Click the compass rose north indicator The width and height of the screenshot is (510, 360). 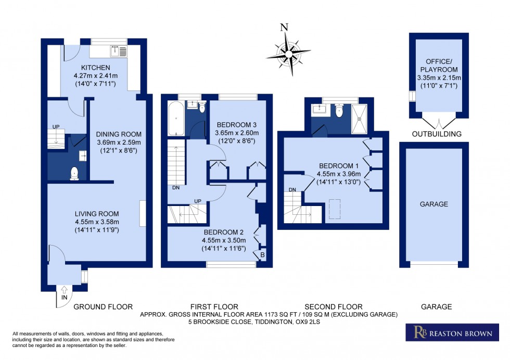(284, 29)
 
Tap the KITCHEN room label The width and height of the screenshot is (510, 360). (95, 68)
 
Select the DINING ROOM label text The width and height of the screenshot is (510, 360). (120, 134)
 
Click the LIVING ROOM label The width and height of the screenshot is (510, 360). (97, 213)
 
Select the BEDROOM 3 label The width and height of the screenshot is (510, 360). (237, 125)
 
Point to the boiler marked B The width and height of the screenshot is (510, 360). (262, 255)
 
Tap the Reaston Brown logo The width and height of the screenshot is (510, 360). (449, 333)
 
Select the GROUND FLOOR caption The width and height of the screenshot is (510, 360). (103, 307)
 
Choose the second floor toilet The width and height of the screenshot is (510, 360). (339, 111)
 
